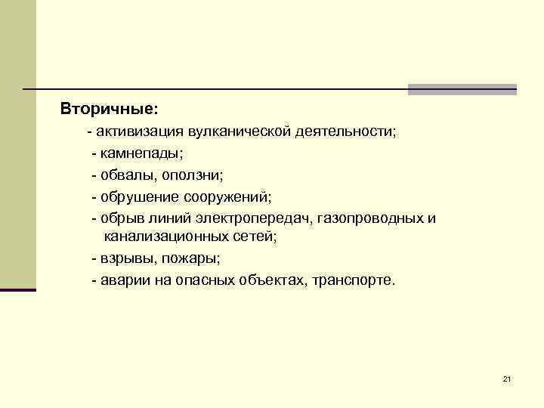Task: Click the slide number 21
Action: click(506, 379)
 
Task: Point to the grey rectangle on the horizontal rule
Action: click(462, 89)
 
